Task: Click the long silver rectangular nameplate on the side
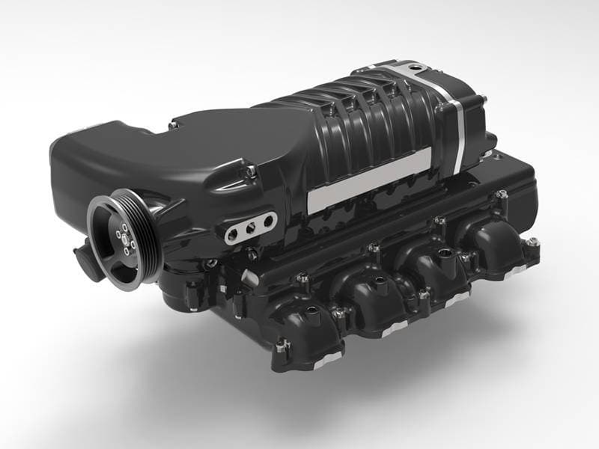tap(368, 180)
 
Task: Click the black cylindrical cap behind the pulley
tap(86, 262)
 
